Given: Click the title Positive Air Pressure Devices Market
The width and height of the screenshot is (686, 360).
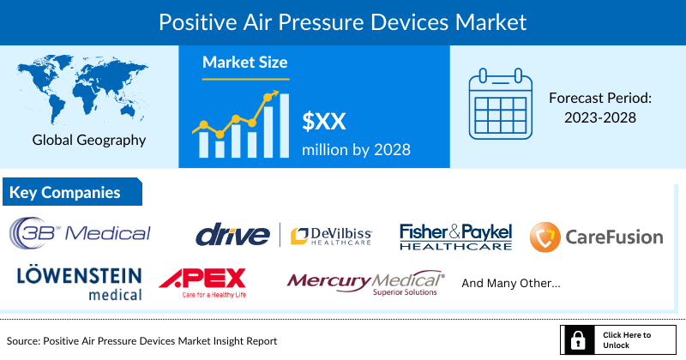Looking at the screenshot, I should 342,19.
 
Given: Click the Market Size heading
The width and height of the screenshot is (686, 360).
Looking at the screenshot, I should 244,63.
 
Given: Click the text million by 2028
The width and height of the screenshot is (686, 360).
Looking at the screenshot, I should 356,149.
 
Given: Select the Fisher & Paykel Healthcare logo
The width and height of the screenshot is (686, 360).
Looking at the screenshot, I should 455,237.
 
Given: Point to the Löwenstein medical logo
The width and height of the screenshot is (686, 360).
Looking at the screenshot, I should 79,282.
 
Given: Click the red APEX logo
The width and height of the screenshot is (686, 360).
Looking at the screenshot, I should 203,280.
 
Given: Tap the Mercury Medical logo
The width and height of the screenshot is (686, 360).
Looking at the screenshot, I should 365,282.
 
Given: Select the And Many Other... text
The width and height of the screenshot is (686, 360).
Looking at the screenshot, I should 510,282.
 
